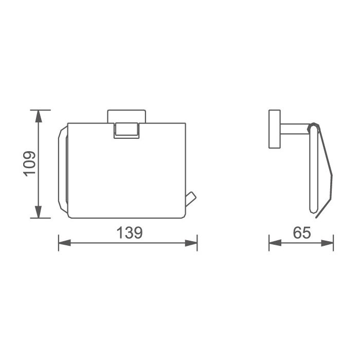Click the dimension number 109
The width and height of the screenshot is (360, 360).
[30, 164]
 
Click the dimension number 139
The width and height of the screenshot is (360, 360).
[130, 232]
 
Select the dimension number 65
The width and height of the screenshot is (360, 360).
[302, 232]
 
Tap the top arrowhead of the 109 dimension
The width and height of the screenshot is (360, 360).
[39, 116]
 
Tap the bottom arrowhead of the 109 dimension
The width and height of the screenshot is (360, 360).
[39, 212]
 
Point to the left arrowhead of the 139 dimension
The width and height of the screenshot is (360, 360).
[64, 243]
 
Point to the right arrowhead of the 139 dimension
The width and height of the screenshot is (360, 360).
[191, 243]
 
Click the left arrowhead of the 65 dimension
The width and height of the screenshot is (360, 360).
[275, 243]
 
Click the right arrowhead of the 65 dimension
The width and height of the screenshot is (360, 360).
[327, 243]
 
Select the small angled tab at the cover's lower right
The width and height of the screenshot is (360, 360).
[191, 199]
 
